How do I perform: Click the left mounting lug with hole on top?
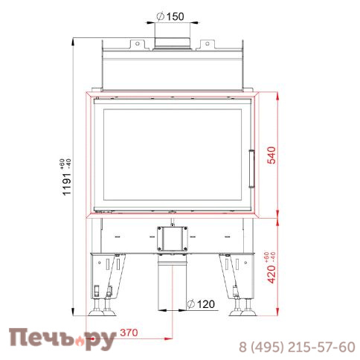137,45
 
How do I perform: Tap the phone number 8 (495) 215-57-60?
297,347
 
